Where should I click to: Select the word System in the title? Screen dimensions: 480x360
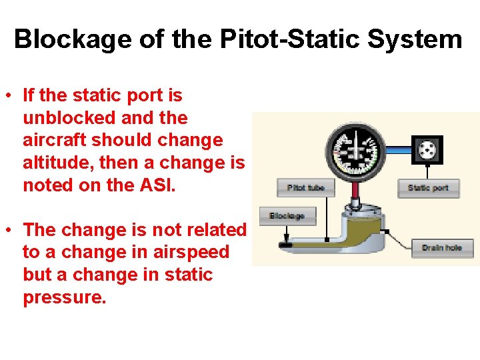pyautogui.click(x=414, y=39)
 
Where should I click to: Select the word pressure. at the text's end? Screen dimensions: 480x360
pyautogui.click(x=64, y=297)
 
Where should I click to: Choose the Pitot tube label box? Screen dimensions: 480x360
pyautogui.click(x=305, y=187)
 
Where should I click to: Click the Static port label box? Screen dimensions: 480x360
pyautogui.click(x=428, y=187)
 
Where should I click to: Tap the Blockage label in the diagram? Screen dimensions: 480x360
pyautogui.click(x=287, y=216)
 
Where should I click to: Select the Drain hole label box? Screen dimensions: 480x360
pyautogui.click(x=442, y=248)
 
